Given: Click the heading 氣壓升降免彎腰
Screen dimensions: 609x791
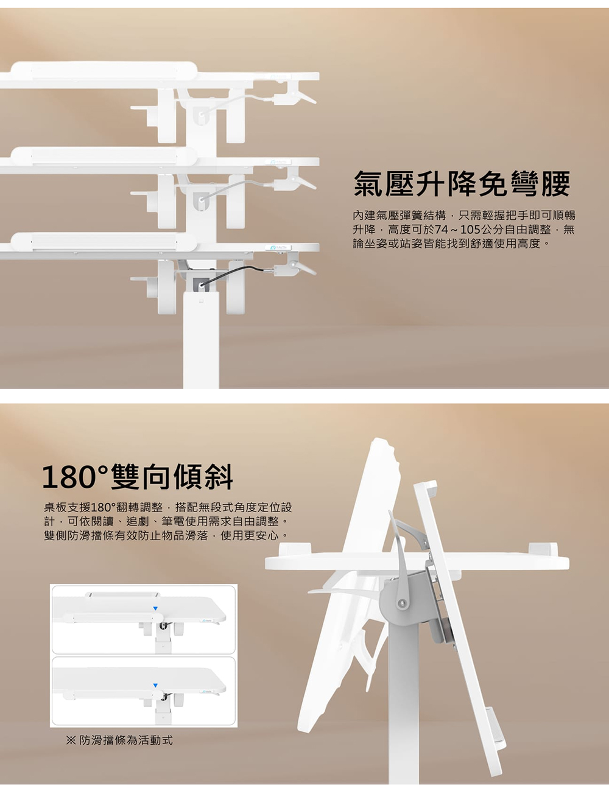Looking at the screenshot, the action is tap(462, 184).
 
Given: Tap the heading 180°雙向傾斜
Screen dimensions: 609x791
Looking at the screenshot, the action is tap(137, 477).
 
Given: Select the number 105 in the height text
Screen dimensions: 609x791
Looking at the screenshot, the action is tap(470, 230).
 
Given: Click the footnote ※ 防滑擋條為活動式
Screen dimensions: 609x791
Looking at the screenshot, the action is tap(119, 740).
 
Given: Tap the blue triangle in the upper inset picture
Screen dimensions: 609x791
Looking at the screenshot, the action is tap(155, 608).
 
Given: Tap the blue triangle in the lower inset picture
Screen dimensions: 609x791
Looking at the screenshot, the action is tap(155, 685).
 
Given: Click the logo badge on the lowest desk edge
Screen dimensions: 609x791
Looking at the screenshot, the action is tap(278, 248).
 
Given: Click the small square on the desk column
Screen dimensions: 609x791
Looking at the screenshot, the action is tap(201, 301).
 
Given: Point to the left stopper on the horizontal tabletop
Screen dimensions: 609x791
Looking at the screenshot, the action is tap(295, 547).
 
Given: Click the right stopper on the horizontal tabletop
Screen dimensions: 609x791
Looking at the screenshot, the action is tap(543, 547).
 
